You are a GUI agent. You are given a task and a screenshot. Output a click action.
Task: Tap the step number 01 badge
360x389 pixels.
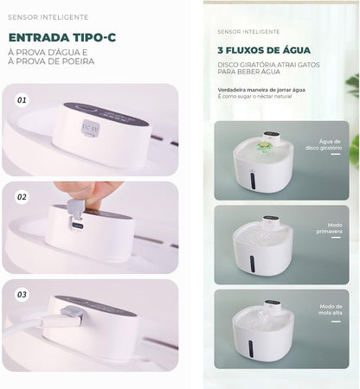tap(22, 99)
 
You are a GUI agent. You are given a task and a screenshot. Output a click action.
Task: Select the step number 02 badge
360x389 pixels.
tap(22, 197)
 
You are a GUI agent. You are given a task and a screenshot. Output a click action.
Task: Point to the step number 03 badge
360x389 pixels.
tap(22, 295)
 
